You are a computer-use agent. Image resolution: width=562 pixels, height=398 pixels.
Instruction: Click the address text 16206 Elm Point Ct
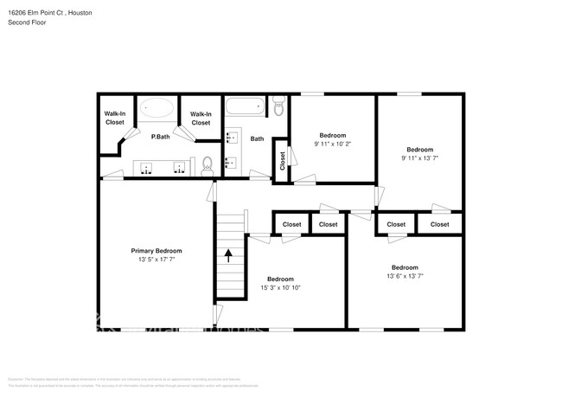(35, 14)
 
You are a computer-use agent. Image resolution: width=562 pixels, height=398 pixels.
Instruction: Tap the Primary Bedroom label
(156, 250)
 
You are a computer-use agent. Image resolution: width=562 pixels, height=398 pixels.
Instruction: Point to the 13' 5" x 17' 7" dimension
(156, 260)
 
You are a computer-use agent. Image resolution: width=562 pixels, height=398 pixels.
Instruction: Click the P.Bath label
(159, 137)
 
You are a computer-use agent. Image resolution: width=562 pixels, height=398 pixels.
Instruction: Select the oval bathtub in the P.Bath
(156, 108)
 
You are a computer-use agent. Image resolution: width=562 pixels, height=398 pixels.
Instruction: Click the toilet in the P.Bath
(207, 164)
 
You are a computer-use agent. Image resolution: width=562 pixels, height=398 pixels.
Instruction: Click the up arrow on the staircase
(229, 255)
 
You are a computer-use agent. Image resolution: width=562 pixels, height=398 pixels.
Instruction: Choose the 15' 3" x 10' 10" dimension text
(280, 288)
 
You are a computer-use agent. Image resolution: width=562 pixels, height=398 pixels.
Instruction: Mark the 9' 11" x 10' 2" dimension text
(333, 144)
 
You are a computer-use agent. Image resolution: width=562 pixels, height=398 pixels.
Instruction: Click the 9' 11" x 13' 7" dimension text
(419, 158)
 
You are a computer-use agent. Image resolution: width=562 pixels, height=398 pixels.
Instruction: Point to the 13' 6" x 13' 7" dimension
(405, 277)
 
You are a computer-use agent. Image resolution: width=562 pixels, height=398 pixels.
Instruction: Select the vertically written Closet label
(282, 161)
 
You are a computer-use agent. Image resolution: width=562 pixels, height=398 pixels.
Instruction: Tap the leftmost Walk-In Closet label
(115, 118)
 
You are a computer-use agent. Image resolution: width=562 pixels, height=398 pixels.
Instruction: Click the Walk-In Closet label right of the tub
(201, 118)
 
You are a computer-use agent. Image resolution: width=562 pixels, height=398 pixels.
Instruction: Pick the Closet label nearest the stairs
(291, 224)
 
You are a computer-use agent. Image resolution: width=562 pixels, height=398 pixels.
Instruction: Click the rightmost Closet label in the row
(440, 224)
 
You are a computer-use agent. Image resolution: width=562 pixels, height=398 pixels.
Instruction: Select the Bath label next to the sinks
(257, 138)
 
